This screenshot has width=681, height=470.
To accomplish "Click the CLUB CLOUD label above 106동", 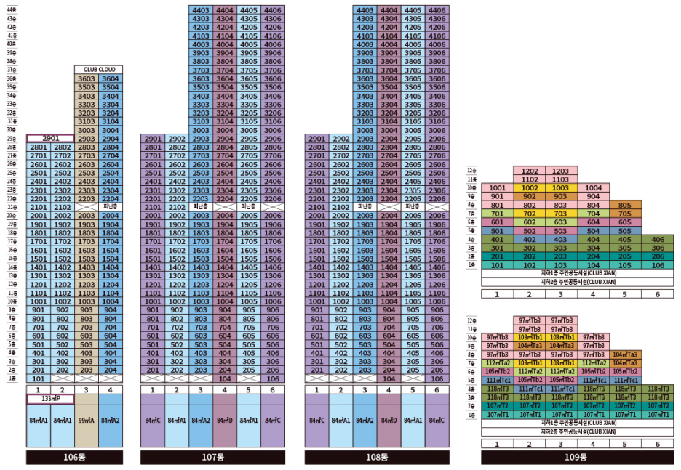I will [x=99, y=70].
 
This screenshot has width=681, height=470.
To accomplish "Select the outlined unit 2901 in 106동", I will [x=50, y=138].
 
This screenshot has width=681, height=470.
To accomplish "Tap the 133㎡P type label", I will [x=50, y=399].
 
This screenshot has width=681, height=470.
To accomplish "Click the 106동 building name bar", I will [x=74, y=458].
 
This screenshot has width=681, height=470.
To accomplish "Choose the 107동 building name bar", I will [x=212, y=458].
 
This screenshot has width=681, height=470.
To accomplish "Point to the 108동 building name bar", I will [x=377, y=458].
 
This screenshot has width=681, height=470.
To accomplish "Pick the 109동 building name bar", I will [x=577, y=458].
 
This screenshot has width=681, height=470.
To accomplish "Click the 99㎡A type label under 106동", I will [x=87, y=421].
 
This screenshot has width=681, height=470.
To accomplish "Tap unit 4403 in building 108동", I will [x=365, y=10].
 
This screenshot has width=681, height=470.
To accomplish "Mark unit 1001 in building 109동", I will [x=498, y=187].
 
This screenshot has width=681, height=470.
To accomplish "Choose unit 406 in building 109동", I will [x=658, y=239].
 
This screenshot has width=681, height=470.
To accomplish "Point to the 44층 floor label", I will [x=12, y=9].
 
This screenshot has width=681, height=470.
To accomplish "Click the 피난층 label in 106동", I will [x=111, y=206].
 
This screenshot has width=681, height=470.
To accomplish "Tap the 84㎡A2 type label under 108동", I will [x=365, y=421].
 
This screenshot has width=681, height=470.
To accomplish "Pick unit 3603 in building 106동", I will [x=87, y=78].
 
